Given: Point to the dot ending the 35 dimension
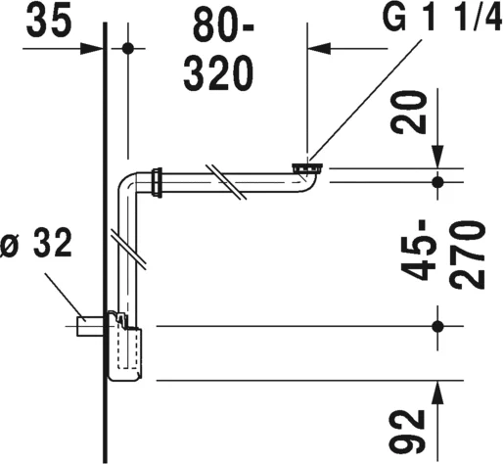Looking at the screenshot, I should point(129,48).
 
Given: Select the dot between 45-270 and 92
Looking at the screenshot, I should point(436,325).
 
